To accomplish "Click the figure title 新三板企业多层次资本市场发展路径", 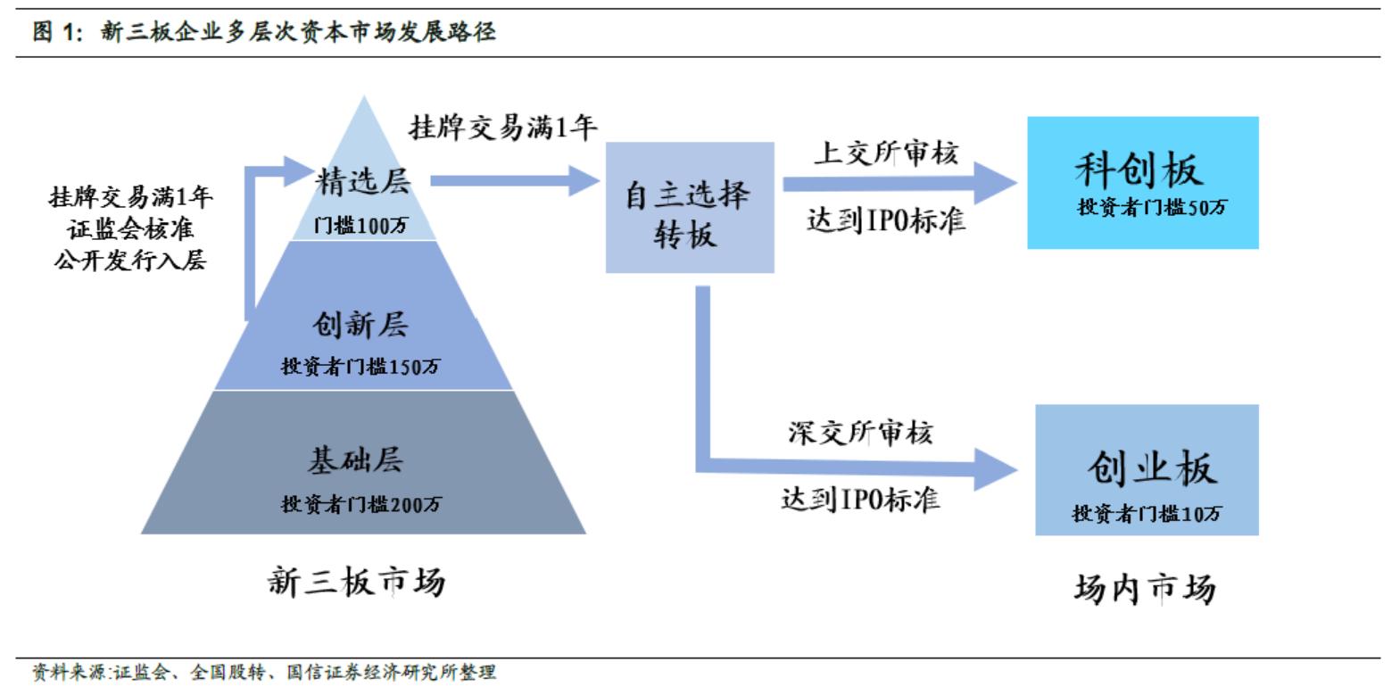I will (297, 33).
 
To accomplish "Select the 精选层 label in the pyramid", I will (363, 181).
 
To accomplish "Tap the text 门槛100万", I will (360, 226).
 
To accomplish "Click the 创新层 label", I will (360, 324).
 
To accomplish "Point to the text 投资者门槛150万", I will (360, 366).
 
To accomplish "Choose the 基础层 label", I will (355, 459).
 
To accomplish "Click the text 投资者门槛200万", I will (360, 504).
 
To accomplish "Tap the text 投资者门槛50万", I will (1152, 208).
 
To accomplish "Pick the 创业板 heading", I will (1151, 467).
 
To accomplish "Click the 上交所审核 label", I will (885, 153).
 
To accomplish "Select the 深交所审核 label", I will (860, 433).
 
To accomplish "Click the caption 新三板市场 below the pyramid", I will (356, 582).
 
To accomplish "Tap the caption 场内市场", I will (1144, 588).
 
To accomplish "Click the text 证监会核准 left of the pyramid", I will (130, 229).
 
